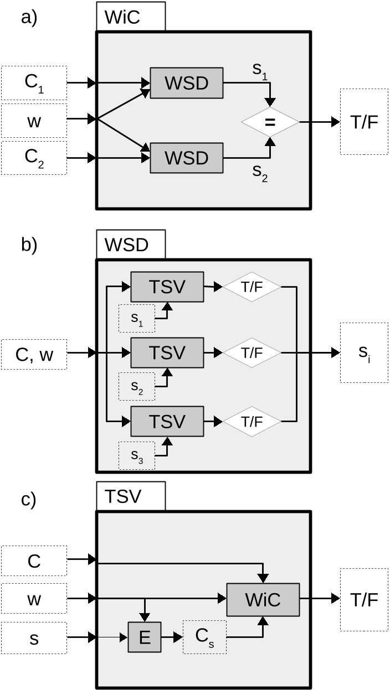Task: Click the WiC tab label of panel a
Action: point(130,17)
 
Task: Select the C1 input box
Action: point(34,83)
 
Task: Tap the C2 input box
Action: point(34,158)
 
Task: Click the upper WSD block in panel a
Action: point(186,83)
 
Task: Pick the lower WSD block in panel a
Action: point(186,158)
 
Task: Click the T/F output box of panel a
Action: point(364,121)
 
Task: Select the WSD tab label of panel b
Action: point(130,245)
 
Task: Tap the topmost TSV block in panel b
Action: point(167,287)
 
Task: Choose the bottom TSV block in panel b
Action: point(167,421)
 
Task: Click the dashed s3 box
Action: point(137,455)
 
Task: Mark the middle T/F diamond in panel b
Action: point(252,352)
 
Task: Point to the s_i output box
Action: point(364,352)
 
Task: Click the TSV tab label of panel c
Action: point(130,496)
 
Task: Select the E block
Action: point(145,637)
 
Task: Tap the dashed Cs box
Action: point(204,637)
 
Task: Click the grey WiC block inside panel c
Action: point(263,599)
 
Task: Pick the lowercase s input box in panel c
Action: point(34,637)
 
